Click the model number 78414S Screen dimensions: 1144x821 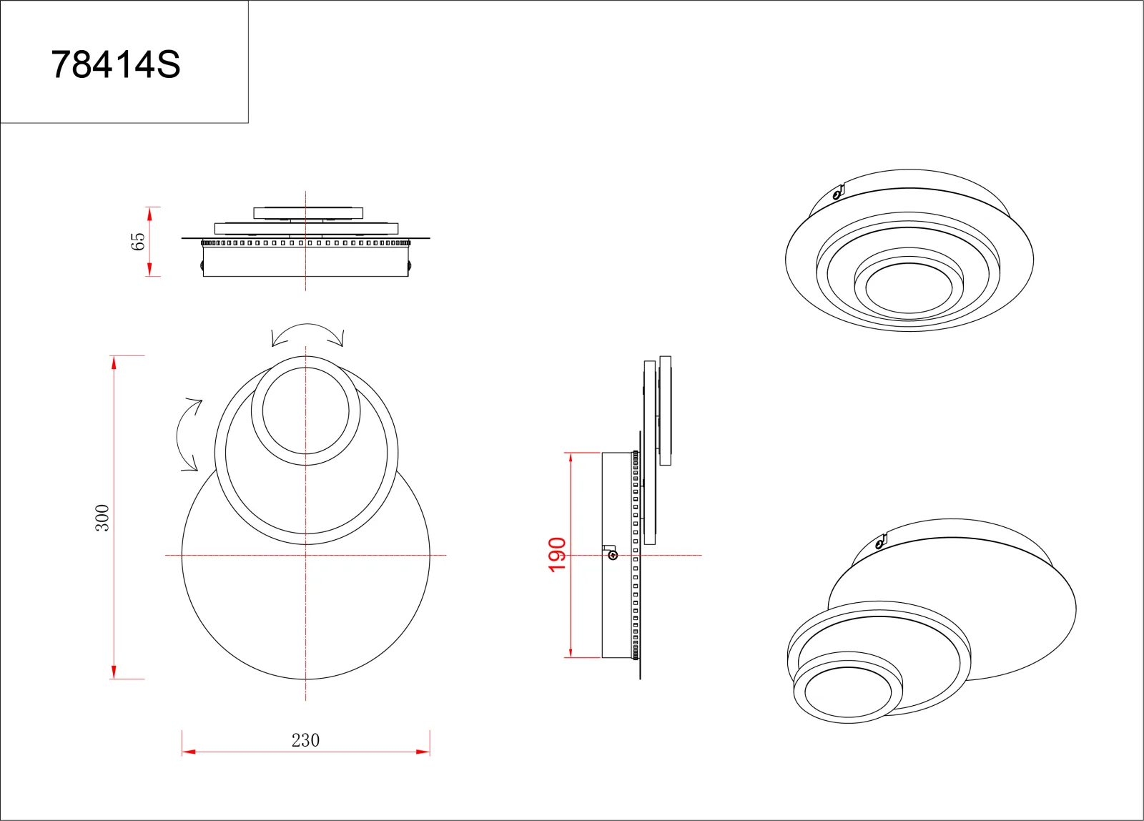point(115,65)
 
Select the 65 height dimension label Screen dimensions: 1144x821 point(138,242)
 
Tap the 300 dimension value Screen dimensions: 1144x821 point(102,518)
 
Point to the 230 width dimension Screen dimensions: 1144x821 point(305,740)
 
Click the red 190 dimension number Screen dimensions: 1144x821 point(557,555)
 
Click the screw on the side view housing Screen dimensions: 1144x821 point(613,556)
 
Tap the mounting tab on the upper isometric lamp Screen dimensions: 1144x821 point(837,193)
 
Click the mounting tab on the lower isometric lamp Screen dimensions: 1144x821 point(880,541)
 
